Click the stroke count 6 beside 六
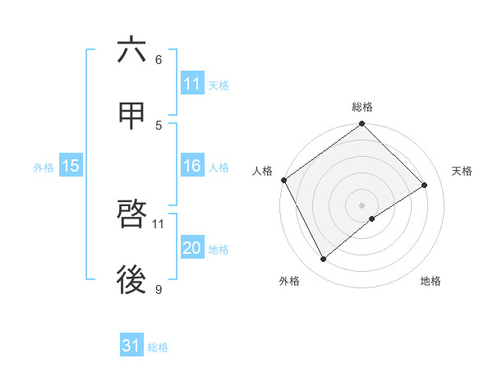click(159, 60)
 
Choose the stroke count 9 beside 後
click(159, 289)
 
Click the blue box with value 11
click(192, 84)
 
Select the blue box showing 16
click(192, 166)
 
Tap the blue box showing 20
click(192, 248)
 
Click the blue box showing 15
click(71, 166)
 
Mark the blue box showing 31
click(131, 346)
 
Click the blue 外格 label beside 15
click(44, 167)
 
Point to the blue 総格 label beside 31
click(158, 347)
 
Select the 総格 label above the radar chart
click(362, 107)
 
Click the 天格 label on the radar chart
click(463, 171)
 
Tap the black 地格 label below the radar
click(431, 281)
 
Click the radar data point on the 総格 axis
click(362, 125)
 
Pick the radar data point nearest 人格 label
click(283, 180)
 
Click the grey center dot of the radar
click(362, 204)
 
